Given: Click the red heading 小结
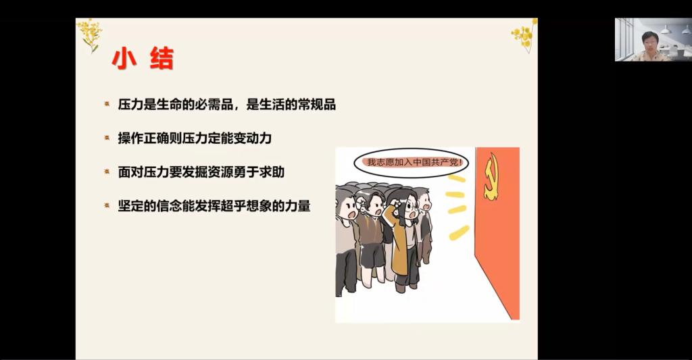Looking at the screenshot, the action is point(143,59).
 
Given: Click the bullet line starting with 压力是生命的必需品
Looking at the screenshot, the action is point(227,105).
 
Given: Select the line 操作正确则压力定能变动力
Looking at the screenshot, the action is point(195,138).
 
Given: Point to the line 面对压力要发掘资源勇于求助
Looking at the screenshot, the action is point(201,172).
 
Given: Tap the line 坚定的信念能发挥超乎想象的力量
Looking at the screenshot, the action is point(214,205).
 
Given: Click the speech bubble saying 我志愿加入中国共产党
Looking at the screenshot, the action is point(411,162).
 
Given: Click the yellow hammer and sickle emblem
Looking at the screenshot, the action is point(491,176).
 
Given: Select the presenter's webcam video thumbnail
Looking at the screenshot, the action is point(653,39).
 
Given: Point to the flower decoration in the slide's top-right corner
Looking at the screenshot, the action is point(524,35).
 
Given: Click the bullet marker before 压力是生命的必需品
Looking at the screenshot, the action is point(107,104).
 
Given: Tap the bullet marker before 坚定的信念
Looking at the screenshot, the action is point(107,205).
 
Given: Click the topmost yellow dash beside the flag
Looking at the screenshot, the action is point(456,178).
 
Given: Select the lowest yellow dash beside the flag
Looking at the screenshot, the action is point(459,233).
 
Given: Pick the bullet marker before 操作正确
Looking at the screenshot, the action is point(107,138).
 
